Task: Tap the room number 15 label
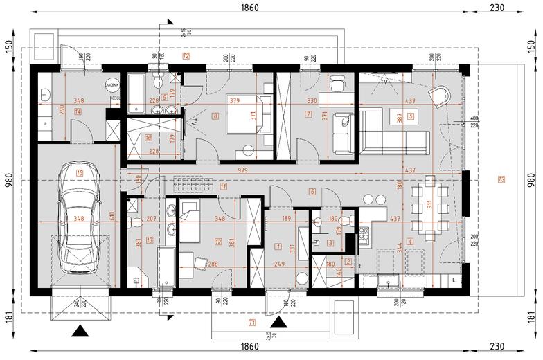coord(80,173)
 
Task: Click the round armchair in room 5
coord(438,95)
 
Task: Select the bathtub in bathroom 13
coord(166,267)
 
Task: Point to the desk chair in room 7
coord(336,82)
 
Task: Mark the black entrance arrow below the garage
coord(81,331)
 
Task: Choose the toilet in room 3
coord(317,222)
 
